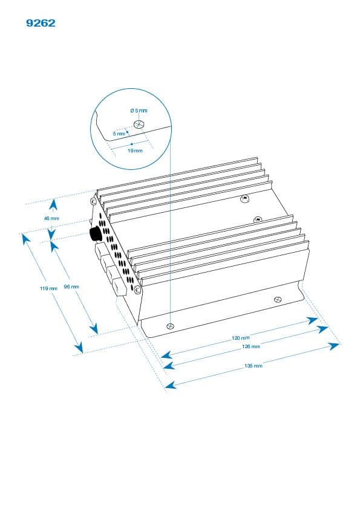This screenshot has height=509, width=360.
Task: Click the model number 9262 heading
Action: pos(41,23)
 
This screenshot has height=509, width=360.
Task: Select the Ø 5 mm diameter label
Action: pos(139,111)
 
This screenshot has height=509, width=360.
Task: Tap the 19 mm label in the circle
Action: pos(135,151)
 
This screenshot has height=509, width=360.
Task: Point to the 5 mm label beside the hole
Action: pos(119,134)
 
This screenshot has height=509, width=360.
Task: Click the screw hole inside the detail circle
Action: pos(139,124)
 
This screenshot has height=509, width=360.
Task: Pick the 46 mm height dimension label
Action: pos(51,218)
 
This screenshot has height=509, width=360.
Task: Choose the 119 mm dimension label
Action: pos(48,288)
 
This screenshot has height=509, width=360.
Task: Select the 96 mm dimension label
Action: pos(71,287)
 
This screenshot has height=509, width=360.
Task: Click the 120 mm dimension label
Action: pos(241,338)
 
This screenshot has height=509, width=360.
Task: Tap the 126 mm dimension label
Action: pos(251,347)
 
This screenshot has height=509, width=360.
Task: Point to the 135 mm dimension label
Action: pos(253,366)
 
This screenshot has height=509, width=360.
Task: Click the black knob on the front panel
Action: pos(95,234)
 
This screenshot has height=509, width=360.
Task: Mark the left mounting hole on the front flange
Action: pos(170,326)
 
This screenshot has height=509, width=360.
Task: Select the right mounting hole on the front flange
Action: pos(278,299)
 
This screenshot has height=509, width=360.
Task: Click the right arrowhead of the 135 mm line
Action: pos(333,346)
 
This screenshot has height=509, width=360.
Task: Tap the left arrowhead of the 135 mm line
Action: pos(171,385)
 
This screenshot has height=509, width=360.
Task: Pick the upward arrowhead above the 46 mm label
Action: pos(54,205)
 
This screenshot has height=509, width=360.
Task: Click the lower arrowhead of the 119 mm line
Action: pos(79,348)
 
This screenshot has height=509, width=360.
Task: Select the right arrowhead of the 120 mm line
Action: pos(312,320)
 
